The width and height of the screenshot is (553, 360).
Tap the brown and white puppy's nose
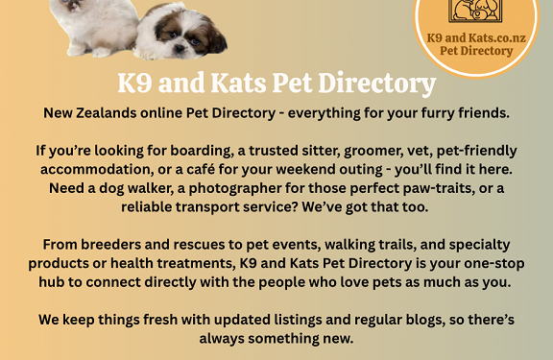pyautogui.click(x=180, y=47)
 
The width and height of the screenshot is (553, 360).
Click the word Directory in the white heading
pyautogui.click(x=377, y=84)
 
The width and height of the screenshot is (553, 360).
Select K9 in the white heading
pyautogui.click(x=134, y=84)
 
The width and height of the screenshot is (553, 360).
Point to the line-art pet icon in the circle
pyautogui.click(x=475, y=11)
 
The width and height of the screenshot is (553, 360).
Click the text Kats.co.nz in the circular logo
pyautogui.click(x=497, y=37)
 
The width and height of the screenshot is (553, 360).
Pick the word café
pyautogui.click(x=201, y=169)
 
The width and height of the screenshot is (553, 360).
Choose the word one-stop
pyautogui.click(x=494, y=264)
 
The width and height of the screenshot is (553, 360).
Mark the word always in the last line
pyautogui.click(x=222, y=339)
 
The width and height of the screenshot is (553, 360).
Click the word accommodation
pyautogui.click(x=97, y=170)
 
